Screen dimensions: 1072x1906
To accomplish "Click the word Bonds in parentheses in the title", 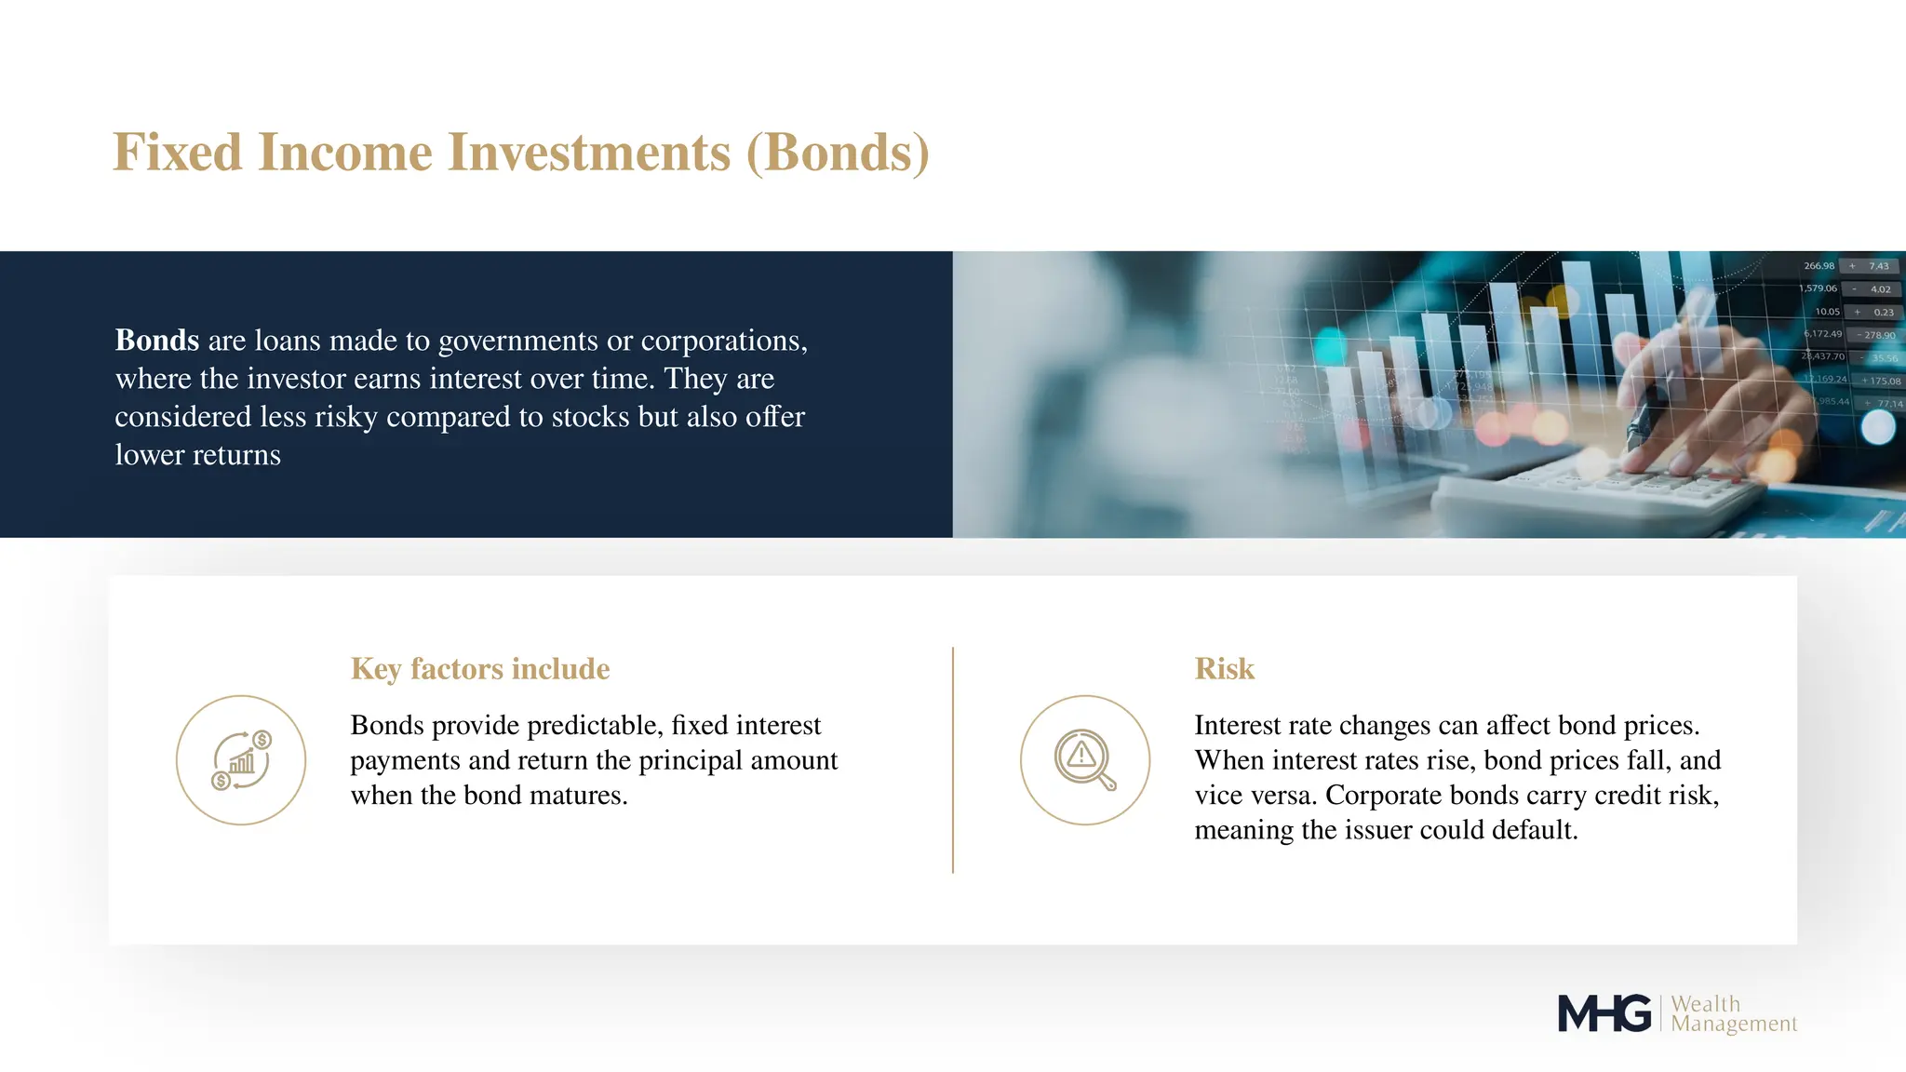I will click(838, 153).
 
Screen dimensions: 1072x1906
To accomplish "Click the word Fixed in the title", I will click(177, 153).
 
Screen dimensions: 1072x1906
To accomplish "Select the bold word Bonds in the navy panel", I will click(156, 341).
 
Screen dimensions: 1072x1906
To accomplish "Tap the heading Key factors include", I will click(479, 669).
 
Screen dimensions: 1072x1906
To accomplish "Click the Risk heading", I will click(1224, 669).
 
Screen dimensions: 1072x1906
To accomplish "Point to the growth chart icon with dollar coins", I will click(241, 760).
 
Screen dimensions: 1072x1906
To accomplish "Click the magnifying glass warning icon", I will click(1084, 760).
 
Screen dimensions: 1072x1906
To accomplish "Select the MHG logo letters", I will click(1604, 1013).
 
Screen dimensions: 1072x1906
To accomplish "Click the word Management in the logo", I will click(1734, 1025).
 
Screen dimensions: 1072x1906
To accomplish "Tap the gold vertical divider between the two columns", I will click(953, 759).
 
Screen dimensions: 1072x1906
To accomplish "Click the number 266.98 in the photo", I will click(1819, 266).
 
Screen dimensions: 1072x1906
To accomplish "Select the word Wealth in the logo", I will click(1705, 1004).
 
